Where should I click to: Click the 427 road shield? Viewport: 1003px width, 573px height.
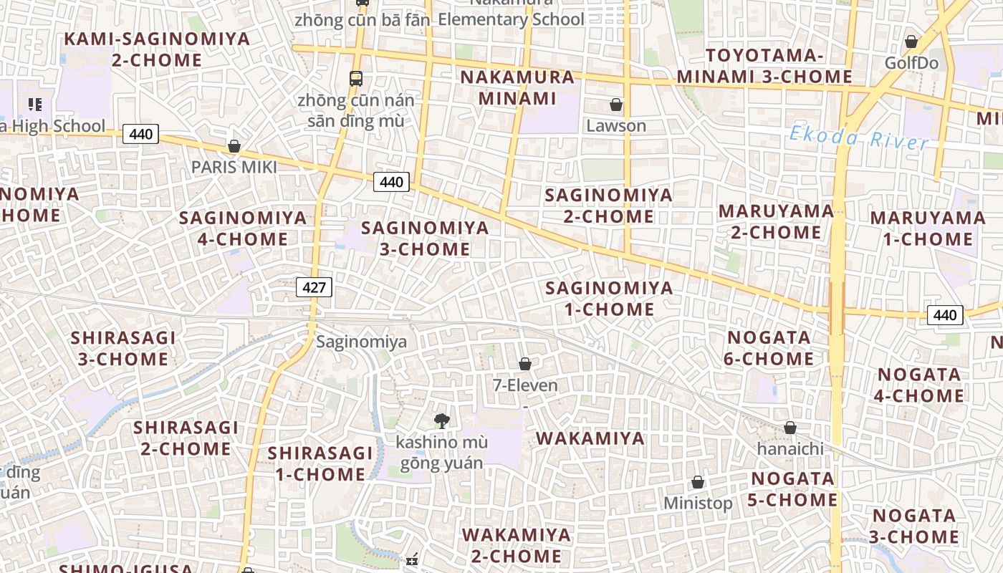314,288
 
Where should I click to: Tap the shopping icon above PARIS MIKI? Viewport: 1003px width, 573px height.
234,147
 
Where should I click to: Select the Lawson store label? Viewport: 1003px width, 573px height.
616,126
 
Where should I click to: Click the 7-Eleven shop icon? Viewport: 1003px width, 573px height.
525,365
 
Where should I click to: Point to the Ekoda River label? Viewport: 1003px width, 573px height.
859,137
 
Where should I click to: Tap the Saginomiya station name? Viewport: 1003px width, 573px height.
361,342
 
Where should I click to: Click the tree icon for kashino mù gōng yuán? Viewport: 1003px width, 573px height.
442,421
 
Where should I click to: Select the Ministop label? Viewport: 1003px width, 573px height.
698,503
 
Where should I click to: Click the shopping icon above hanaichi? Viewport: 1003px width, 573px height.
790,428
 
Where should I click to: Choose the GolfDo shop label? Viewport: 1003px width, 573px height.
911,63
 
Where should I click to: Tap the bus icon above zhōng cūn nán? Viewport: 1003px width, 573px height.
356,78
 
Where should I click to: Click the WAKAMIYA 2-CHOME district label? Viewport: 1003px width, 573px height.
516,545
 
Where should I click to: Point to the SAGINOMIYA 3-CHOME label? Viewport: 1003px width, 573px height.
425,239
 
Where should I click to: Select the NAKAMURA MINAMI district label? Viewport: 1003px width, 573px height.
517,87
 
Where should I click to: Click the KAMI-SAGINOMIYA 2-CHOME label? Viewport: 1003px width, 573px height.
158,49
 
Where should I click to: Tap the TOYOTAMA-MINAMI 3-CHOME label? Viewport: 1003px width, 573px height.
764,66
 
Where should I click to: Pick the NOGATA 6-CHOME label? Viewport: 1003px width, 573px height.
769,348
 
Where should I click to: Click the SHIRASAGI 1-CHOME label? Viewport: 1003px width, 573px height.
320,463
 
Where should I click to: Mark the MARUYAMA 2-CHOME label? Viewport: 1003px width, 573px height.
776,221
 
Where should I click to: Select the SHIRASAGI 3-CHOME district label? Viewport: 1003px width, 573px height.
123,348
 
